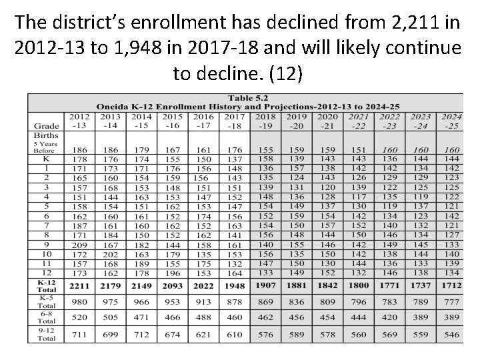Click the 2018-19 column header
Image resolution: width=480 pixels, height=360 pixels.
coord(265,121)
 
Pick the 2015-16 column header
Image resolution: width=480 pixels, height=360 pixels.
coord(173,121)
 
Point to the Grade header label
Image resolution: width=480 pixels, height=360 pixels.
coord(46,125)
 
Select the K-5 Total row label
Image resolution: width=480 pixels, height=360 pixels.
coord(46,303)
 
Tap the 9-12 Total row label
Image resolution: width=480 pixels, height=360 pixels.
coord(46,335)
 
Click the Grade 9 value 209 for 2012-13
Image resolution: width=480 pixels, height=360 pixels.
coord(79,245)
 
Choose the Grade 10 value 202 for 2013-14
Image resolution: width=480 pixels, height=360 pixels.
coord(110,255)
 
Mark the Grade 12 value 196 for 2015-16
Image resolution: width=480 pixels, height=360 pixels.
coord(173,273)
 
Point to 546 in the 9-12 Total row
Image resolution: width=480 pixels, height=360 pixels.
coord(451,335)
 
